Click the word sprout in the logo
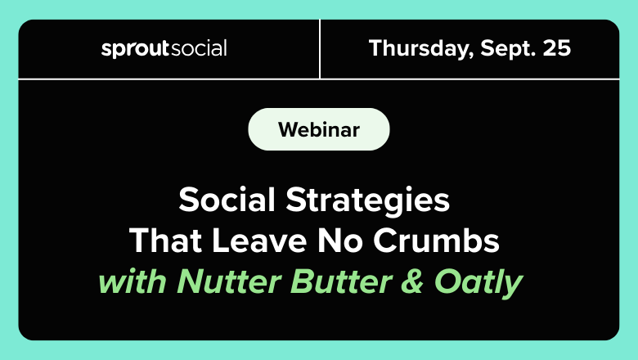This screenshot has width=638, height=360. coord(135,49)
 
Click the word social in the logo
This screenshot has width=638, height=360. coord(199,48)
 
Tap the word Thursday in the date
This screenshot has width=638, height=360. coord(421,49)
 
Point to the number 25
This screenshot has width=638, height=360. coord(557,48)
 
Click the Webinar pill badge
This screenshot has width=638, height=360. coord(319,129)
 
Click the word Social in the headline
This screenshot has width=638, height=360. coord(227,200)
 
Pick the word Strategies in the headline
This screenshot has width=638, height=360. coord(367,200)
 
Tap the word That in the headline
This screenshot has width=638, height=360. coord(165,240)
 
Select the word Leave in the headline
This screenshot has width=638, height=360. coord(259,240)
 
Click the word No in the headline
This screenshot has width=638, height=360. coord(339,240)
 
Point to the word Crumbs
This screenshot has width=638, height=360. coord(436,240)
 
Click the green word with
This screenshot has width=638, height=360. coord(133,281)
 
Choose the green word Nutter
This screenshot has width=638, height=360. coord(229,281)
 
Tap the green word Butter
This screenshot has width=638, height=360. coord(342,281)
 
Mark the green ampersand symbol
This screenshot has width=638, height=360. coord(412,281)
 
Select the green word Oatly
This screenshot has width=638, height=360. coord(478,283)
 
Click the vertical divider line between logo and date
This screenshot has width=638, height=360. coord(320,49)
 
